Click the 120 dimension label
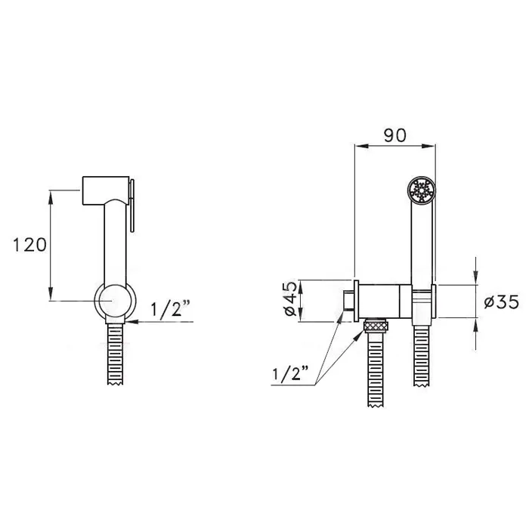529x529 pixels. pos(29,245)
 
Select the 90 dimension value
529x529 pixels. pos(395,135)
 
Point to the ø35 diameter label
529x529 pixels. pos(501,302)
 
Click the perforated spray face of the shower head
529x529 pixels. pos(422,191)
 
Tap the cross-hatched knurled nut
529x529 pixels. pos(375,326)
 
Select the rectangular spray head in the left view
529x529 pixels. pos(106,190)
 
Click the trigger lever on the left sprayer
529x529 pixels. pos(131,206)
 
